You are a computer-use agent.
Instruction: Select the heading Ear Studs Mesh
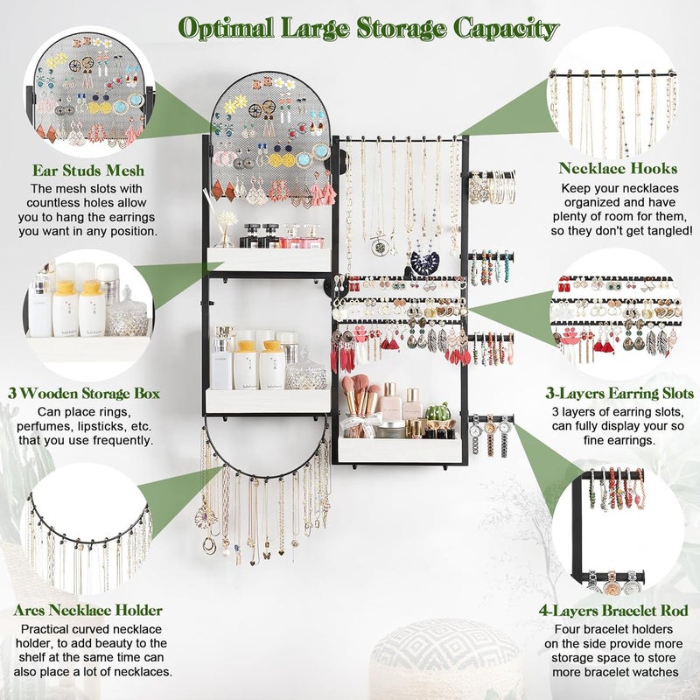(87, 171)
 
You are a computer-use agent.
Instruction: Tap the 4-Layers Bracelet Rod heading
(621, 610)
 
